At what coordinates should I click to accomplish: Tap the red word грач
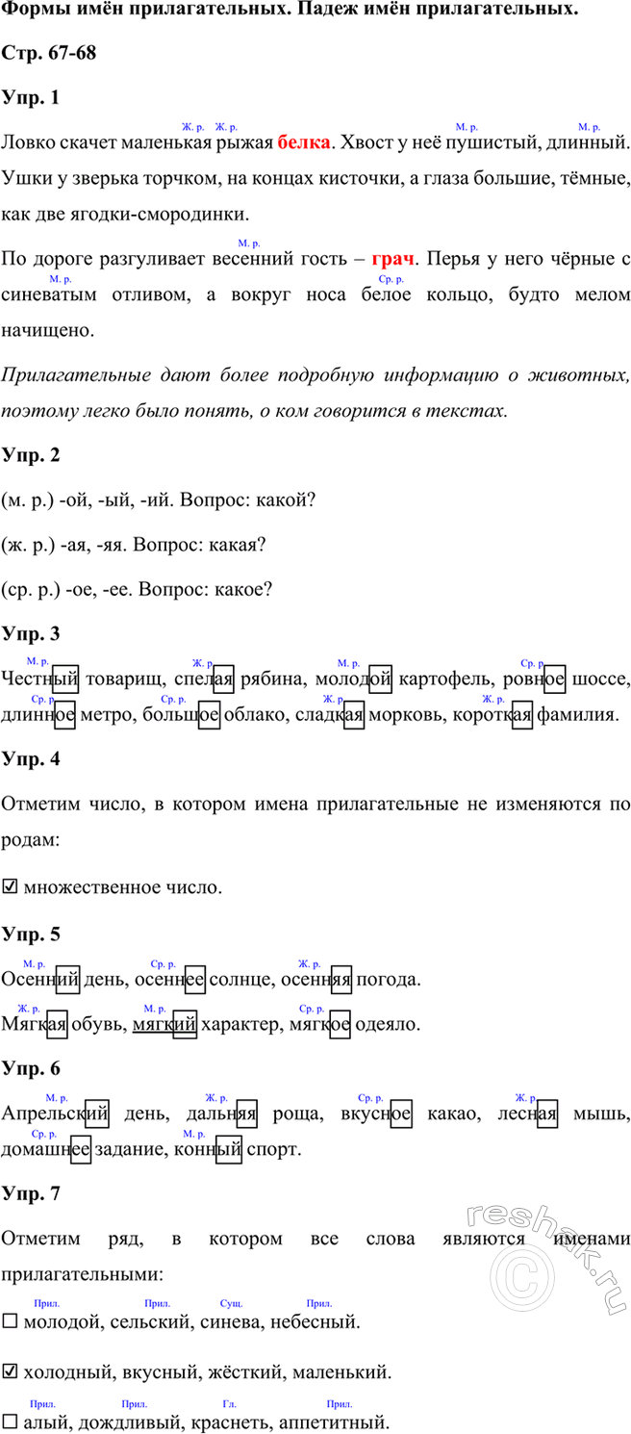tap(393, 260)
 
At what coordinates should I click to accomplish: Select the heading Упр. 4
tap(32, 758)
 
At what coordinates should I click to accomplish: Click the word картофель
tap(445, 680)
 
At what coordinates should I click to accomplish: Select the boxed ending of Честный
tap(65, 680)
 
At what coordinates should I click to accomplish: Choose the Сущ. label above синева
tap(231, 1302)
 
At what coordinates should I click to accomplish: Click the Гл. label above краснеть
tap(229, 1403)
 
